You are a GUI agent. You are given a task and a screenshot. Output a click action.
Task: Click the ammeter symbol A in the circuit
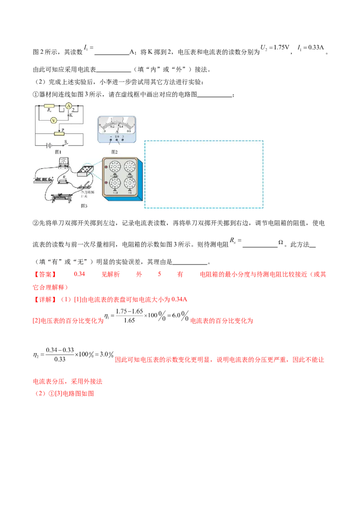pyautogui.click(x=69, y=106)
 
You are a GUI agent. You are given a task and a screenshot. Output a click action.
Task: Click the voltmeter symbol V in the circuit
pyautogui.click(x=53, y=120)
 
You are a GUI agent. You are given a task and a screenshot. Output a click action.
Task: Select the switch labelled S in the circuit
pyautogui.click(x=66, y=143)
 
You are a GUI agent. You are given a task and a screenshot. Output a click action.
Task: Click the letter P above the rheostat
pyautogui.click(x=63, y=129)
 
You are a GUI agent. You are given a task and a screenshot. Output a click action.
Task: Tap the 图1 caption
pyautogui.click(x=58, y=152)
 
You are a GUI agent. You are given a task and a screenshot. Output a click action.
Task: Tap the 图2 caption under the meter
pyautogui.click(x=114, y=152)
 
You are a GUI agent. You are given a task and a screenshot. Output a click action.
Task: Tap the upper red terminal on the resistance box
pyautogui.click(x=106, y=167)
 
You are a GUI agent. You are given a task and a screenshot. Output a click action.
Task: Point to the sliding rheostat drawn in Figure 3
pyautogui.click(x=63, y=196)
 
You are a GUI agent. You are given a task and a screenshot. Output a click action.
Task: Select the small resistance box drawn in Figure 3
pyautogui.click(x=85, y=170)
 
